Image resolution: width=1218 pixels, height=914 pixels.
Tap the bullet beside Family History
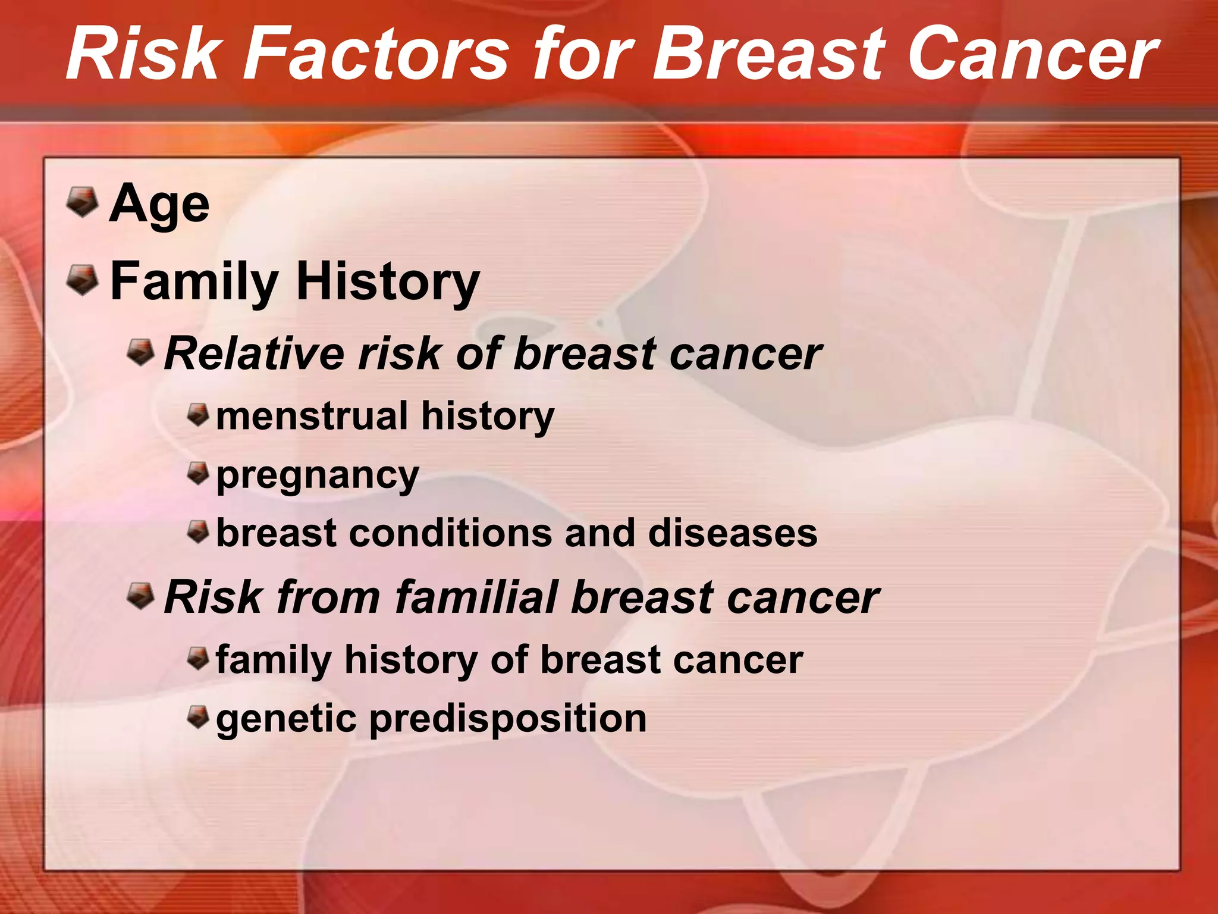82,280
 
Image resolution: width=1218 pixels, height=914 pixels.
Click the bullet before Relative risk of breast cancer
141,352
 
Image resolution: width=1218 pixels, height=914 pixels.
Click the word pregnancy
318,476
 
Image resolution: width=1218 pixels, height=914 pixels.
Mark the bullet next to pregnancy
198,474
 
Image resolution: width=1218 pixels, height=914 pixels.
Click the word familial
476,597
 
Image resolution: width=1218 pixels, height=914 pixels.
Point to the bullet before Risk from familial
141,596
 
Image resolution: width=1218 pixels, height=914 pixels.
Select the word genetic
286,719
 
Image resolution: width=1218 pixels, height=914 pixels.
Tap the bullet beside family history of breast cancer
198,658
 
